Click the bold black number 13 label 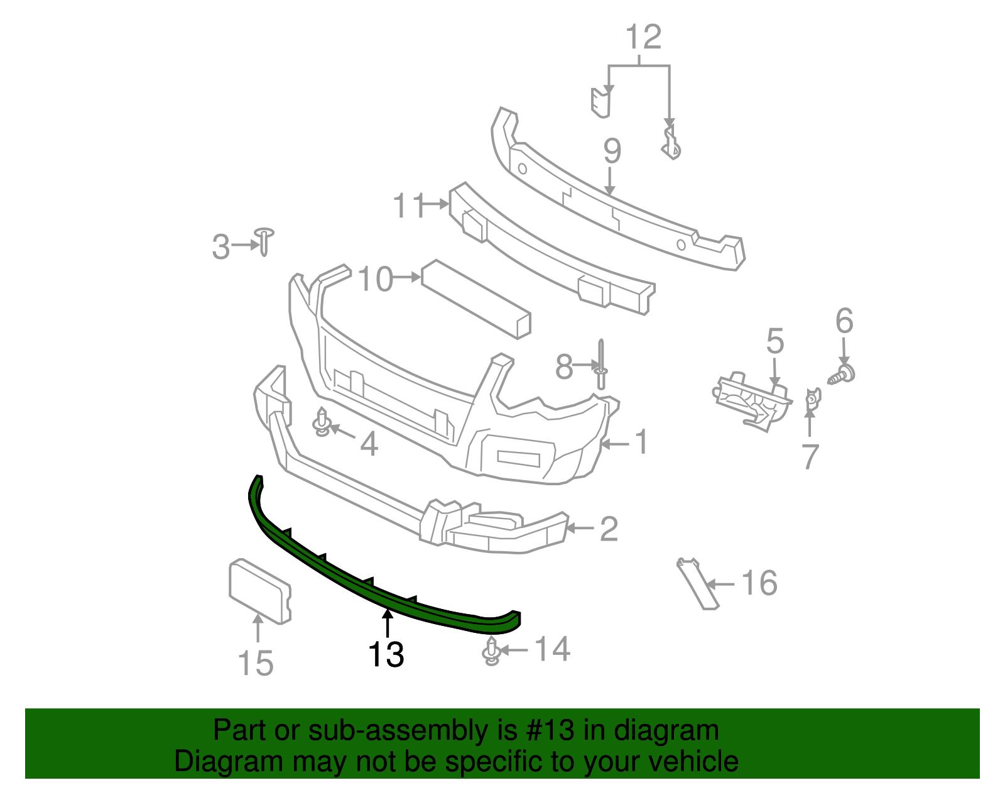click(386, 654)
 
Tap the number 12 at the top click(644, 38)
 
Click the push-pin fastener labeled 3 click(264, 241)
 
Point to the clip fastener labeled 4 click(323, 422)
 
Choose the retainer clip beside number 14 click(492, 651)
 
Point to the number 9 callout click(612, 151)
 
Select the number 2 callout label click(608, 529)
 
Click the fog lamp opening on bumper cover click(519, 458)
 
